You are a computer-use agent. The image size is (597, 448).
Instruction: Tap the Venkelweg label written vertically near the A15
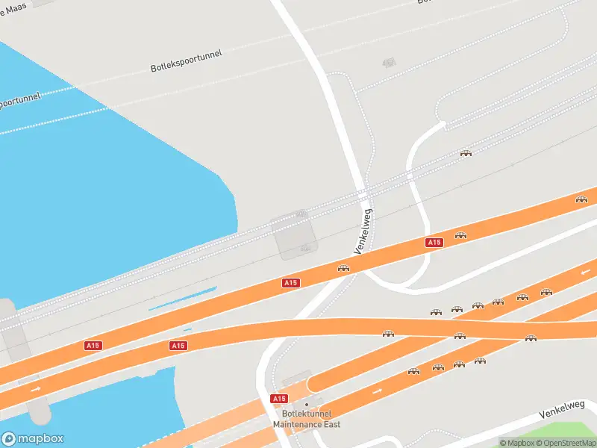(x=364, y=231)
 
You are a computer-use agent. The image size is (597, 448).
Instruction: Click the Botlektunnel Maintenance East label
(x=306, y=420)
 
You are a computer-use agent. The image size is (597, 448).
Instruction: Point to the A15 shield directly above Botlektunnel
(x=279, y=399)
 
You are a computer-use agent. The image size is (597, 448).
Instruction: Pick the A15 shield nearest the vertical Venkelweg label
(x=434, y=242)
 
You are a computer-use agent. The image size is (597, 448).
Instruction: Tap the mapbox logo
(x=33, y=439)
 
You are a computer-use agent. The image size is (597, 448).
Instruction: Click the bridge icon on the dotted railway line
(x=466, y=153)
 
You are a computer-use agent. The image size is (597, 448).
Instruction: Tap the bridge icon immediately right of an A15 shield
(x=460, y=235)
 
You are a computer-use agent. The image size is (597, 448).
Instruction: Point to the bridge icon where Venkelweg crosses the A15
(x=343, y=268)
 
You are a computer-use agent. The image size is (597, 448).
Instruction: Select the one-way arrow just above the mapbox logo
(x=35, y=389)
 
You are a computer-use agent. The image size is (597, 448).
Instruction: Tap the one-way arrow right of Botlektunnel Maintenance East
(x=377, y=390)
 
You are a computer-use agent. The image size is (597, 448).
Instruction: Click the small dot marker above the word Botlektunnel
(x=306, y=405)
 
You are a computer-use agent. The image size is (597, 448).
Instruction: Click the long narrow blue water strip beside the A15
(x=183, y=299)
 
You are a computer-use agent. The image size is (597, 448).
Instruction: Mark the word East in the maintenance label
(x=331, y=425)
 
